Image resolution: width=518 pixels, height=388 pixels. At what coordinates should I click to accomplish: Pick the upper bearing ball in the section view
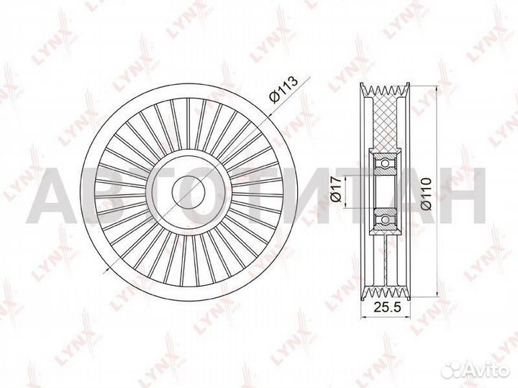click(x=386, y=164)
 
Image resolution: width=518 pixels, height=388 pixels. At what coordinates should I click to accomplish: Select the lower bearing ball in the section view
click(x=386, y=218)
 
